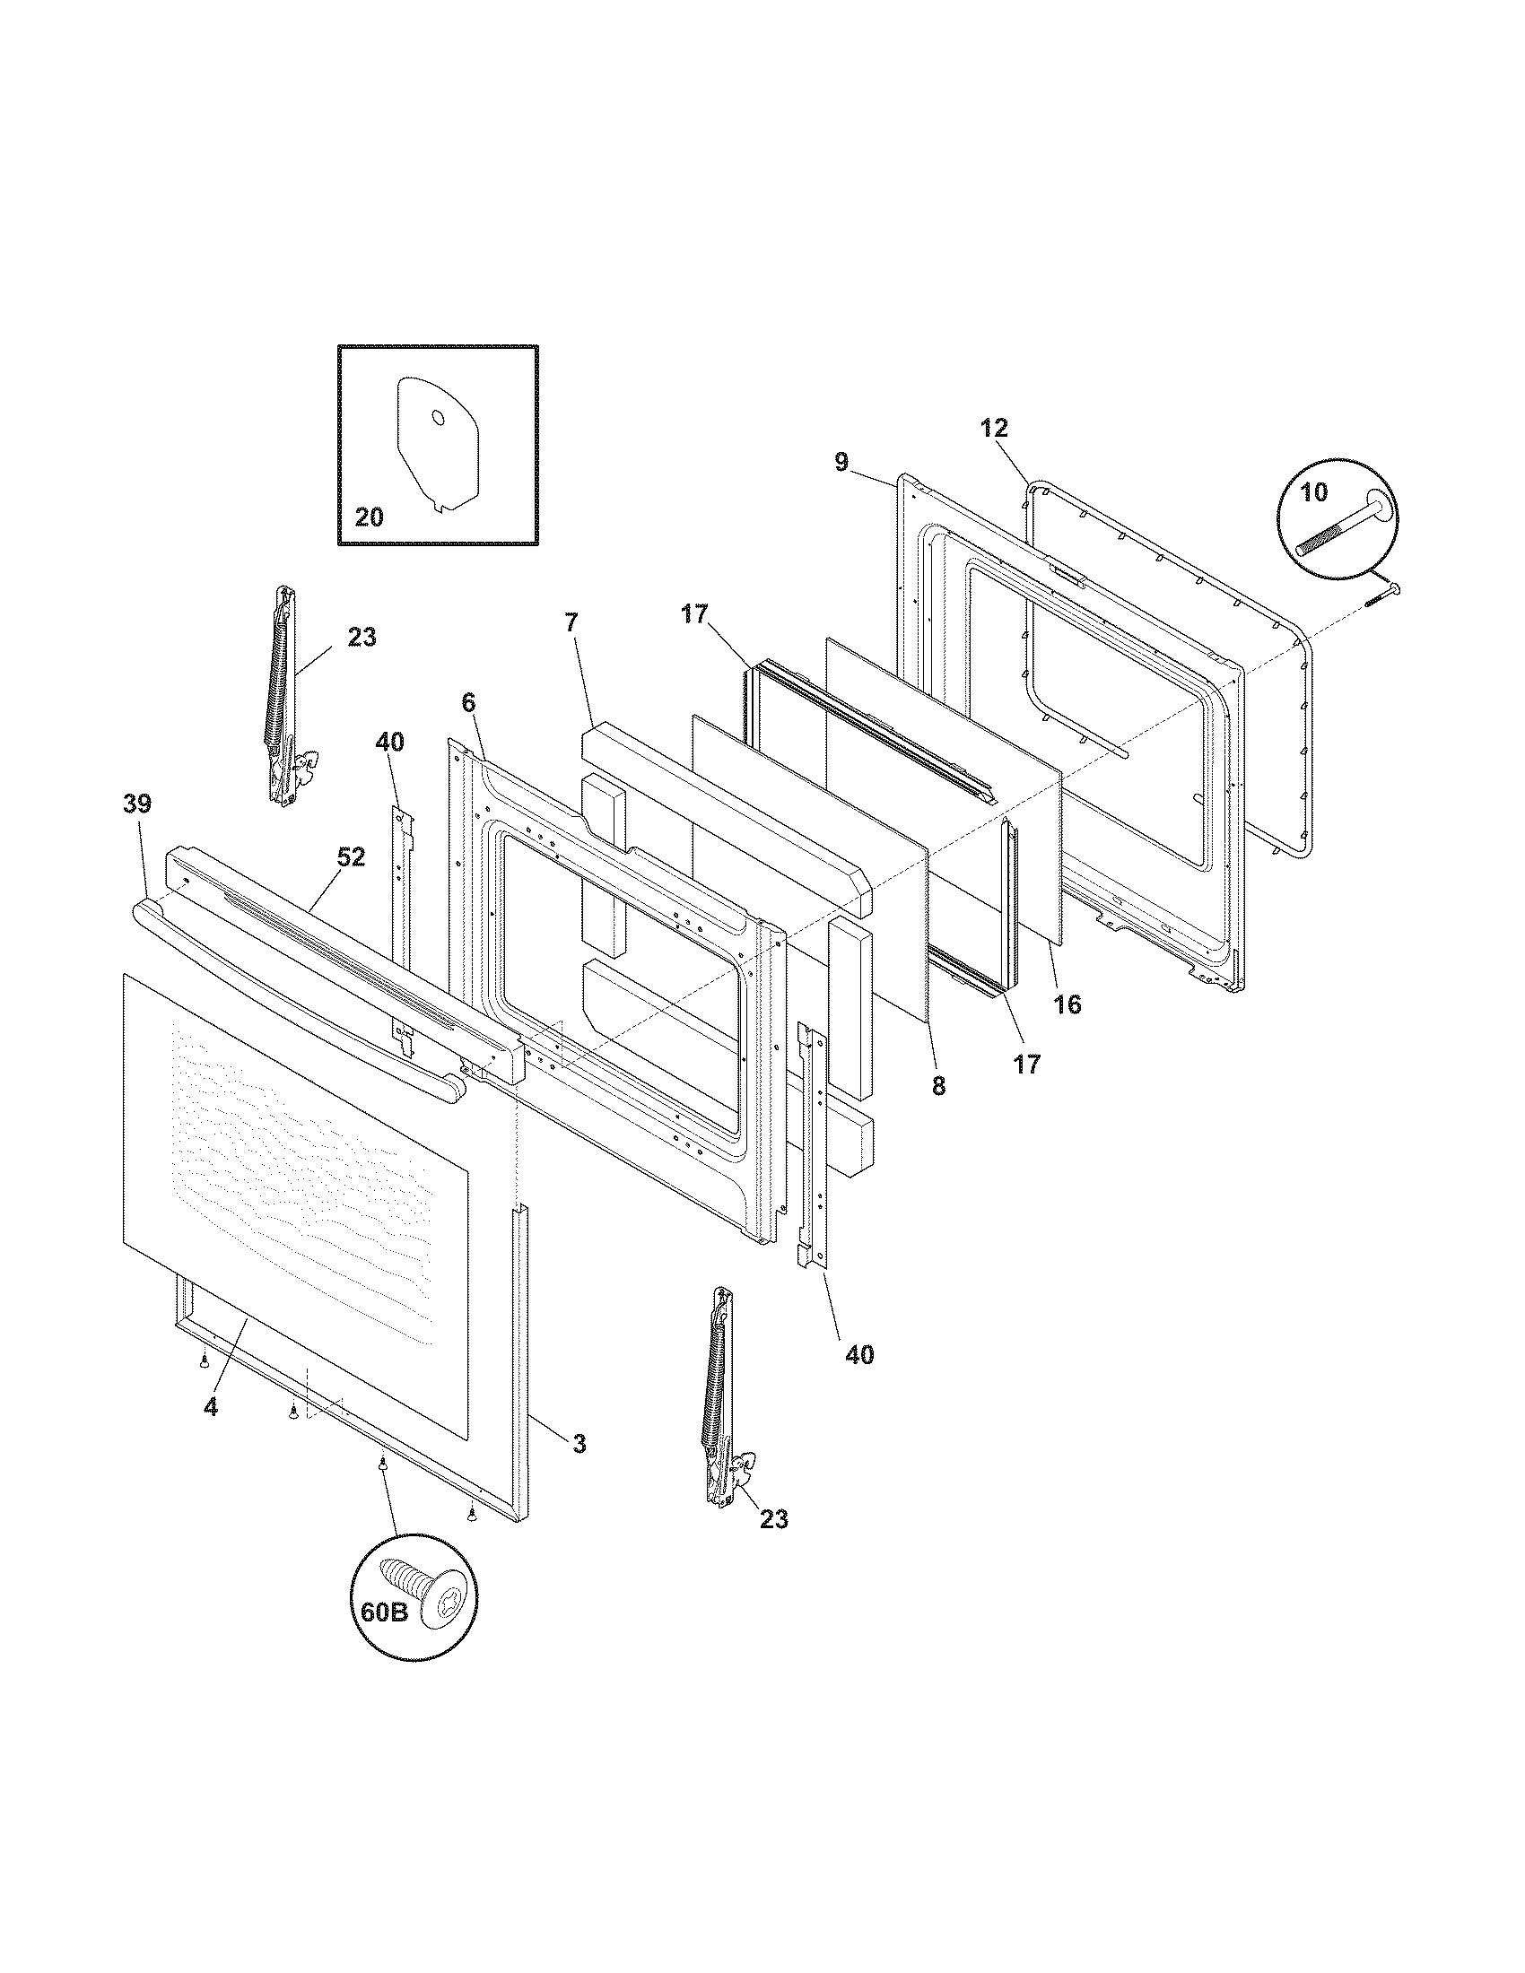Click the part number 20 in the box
369,517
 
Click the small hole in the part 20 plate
436,417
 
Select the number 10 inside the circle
1314,492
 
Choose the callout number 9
841,463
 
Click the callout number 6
468,702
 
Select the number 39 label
137,804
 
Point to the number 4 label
210,1406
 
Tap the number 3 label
579,1443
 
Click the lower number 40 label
859,1355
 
